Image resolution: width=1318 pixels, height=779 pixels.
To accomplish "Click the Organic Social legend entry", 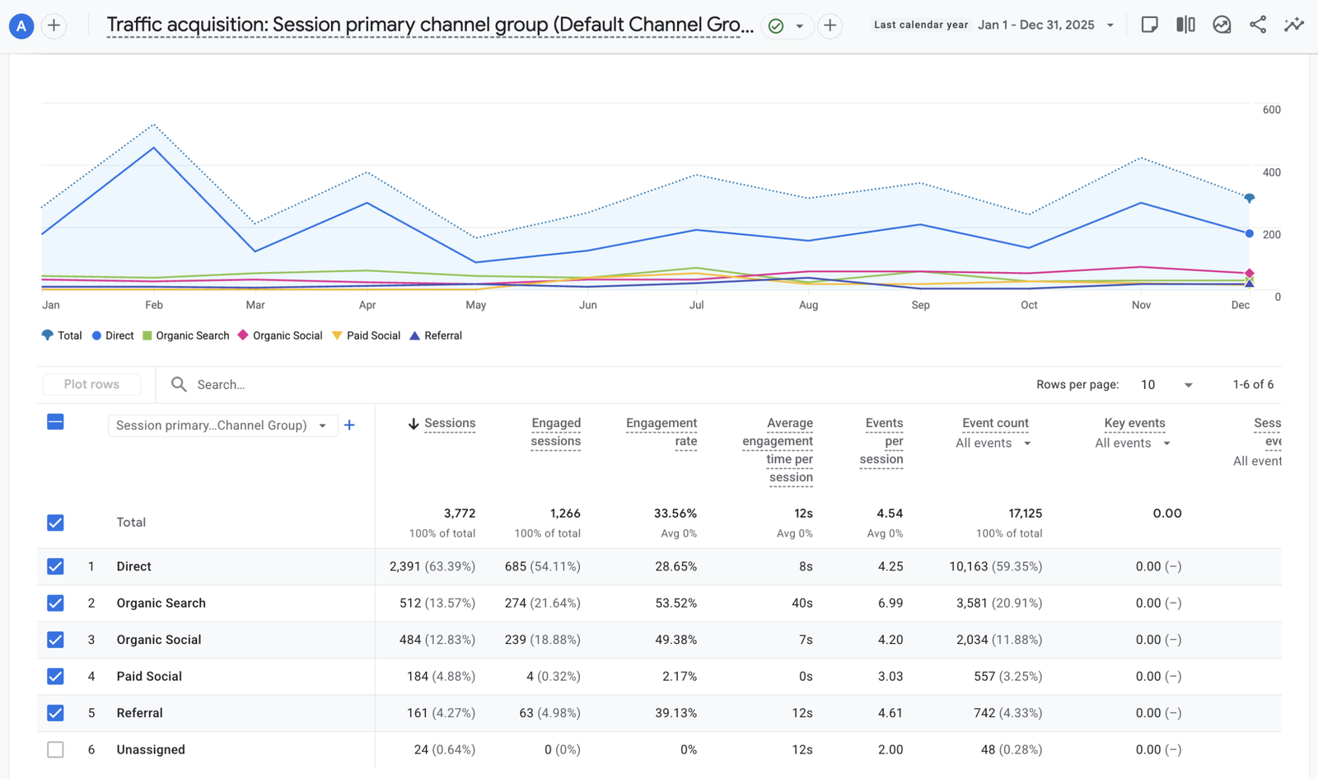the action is (280, 336).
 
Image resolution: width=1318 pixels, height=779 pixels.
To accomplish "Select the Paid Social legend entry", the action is (366, 336).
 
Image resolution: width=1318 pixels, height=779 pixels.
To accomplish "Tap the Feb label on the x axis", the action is (153, 305).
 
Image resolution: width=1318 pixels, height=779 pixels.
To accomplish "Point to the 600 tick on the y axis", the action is (1272, 110).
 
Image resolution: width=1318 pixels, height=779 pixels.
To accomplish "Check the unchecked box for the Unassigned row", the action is (55, 749).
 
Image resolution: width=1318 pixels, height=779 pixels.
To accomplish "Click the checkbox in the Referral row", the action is (55, 713).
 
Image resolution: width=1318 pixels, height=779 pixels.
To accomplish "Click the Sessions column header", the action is (450, 424).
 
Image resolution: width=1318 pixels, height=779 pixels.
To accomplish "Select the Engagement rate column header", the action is (661, 432).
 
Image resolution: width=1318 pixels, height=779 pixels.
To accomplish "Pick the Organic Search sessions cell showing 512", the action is (410, 603).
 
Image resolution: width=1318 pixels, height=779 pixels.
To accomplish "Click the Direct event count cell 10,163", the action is (968, 566).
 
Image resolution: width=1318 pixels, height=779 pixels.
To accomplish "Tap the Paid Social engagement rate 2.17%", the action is (680, 677).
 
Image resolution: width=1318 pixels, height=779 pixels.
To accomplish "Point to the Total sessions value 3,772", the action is (460, 514).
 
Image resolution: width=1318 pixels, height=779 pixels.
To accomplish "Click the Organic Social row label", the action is (159, 640).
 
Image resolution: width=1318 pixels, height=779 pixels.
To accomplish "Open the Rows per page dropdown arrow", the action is (1188, 385).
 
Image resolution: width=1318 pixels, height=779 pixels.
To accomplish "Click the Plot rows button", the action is (91, 384).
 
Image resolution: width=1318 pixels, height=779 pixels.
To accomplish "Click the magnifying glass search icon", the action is (179, 384).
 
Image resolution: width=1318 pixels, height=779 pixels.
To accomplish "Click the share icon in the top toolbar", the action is (1257, 25).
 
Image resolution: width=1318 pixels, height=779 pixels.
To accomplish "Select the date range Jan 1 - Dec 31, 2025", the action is (1036, 25).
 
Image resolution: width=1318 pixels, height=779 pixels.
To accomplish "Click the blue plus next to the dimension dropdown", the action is (349, 425).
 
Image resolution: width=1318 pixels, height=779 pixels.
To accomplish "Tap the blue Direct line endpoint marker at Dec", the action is (1249, 234).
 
